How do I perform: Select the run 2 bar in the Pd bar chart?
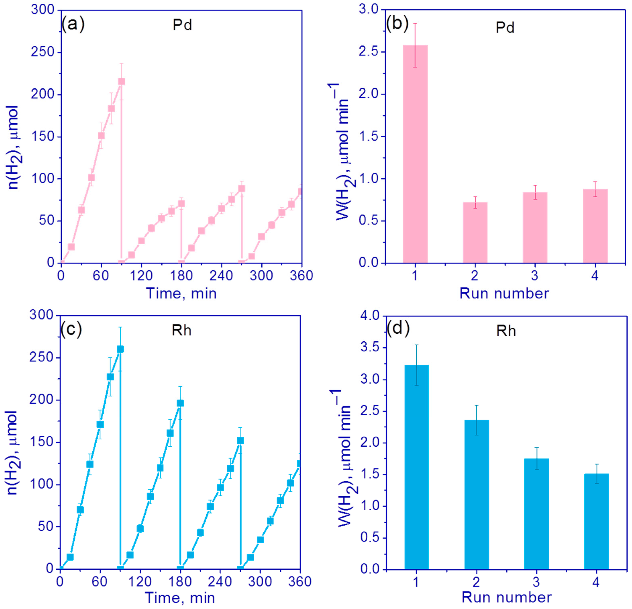475,232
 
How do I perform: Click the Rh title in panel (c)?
181,331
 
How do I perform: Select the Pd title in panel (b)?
505,28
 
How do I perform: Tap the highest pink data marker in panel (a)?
121,82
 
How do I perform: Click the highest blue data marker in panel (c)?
120,349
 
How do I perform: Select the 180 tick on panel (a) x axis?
181,276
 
